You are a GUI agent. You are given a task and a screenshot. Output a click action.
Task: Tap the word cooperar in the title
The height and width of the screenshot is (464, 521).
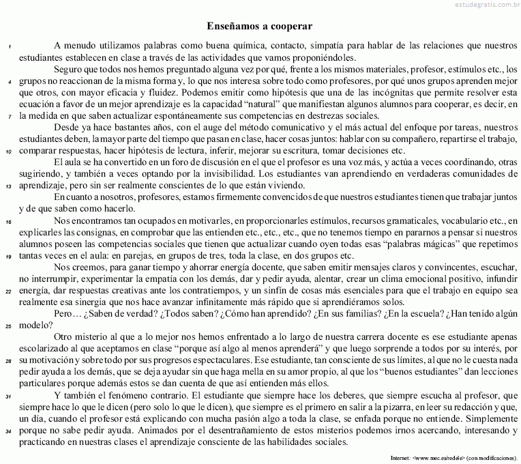290,27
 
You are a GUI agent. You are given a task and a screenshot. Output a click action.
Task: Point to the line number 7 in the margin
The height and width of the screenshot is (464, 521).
10,117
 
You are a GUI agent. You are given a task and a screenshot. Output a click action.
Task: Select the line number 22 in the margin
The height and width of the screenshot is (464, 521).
9,291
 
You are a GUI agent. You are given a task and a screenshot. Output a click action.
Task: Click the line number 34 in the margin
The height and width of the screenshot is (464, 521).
9,432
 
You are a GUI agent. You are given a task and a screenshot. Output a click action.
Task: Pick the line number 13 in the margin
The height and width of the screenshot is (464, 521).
9,186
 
